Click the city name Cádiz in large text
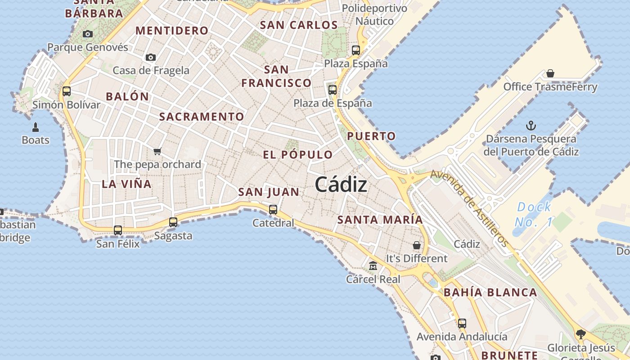point(341,184)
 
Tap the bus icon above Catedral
point(273,209)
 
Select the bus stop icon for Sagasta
point(173,222)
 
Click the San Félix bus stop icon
point(118,230)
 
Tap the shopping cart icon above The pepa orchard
point(157,151)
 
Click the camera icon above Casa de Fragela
point(151,57)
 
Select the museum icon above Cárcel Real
point(373,266)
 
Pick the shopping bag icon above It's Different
point(417,245)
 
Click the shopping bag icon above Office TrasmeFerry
point(550,73)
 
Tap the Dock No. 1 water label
point(534,214)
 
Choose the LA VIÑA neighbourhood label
point(126,184)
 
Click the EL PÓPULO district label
point(298,155)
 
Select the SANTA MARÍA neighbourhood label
point(380,220)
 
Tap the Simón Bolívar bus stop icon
point(67,91)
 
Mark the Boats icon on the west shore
point(36,127)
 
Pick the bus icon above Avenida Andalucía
point(462,323)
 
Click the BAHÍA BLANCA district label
point(490,292)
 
